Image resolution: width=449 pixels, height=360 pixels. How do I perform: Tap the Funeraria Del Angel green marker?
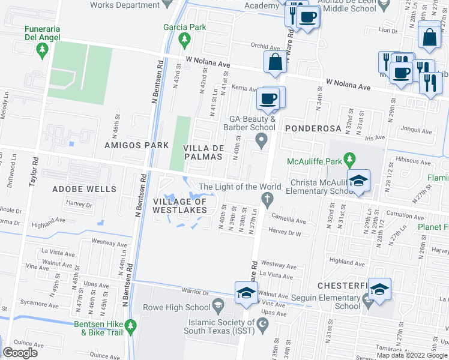click(x=41, y=52)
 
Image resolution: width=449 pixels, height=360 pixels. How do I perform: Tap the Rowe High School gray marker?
click(x=218, y=308)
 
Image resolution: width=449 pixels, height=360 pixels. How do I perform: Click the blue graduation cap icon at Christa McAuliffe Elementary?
click(x=358, y=180)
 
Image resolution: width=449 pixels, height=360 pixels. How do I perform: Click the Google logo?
click(x=19, y=353)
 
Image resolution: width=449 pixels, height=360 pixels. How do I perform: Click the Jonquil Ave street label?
click(x=417, y=130)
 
